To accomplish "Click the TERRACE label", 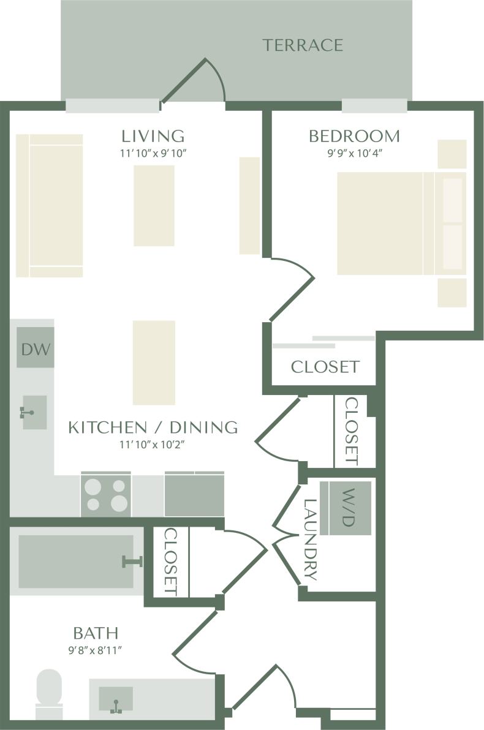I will tap(303, 45).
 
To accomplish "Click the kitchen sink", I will tap(34, 412).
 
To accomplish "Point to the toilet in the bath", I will tap(49, 693).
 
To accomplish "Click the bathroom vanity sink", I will tap(115, 700).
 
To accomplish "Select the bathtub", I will tap(76, 561).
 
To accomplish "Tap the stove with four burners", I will tap(105, 495).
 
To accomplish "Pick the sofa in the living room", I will tap(49, 206).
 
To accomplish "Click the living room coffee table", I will tap(154, 205).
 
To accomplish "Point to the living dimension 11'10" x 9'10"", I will tap(153, 153).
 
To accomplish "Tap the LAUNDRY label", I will tap(311, 539).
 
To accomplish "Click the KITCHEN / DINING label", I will tap(153, 427).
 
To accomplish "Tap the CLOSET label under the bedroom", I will tap(324, 367).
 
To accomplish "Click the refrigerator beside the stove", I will tap(194, 495).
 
